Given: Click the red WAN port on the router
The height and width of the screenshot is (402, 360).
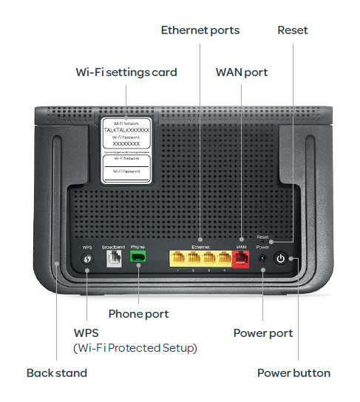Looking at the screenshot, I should click(241, 258).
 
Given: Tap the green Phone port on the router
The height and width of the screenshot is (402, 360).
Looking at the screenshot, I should click(137, 257).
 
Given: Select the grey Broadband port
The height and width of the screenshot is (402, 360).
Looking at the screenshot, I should click(113, 257).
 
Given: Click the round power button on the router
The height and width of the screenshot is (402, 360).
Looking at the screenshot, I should click(280, 259).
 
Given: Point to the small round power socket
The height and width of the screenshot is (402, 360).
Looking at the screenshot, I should click(262, 259).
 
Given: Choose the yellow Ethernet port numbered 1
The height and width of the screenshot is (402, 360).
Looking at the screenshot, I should click(178, 258).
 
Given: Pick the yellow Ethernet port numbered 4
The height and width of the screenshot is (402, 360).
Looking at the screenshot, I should click(222, 258).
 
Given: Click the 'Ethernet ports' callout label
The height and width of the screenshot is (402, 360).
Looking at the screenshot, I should click(200, 30).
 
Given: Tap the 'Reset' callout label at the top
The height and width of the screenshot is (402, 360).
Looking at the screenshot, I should click(293, 30).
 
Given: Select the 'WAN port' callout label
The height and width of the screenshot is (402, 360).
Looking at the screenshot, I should click(242, 72).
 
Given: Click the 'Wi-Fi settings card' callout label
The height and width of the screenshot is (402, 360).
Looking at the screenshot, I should click(126, 72).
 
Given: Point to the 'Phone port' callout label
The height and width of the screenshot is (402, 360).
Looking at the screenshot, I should click(138, 314).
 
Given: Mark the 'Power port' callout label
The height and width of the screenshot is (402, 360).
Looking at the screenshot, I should click(263, 333).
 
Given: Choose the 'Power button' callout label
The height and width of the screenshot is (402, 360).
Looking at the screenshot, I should click(293, 372).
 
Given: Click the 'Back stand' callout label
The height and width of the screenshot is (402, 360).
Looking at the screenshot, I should click(57, 372).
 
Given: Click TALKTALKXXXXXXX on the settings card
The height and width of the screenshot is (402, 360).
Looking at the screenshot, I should click(126, 129).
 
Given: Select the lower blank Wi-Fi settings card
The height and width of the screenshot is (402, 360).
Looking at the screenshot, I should click(126, 167).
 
